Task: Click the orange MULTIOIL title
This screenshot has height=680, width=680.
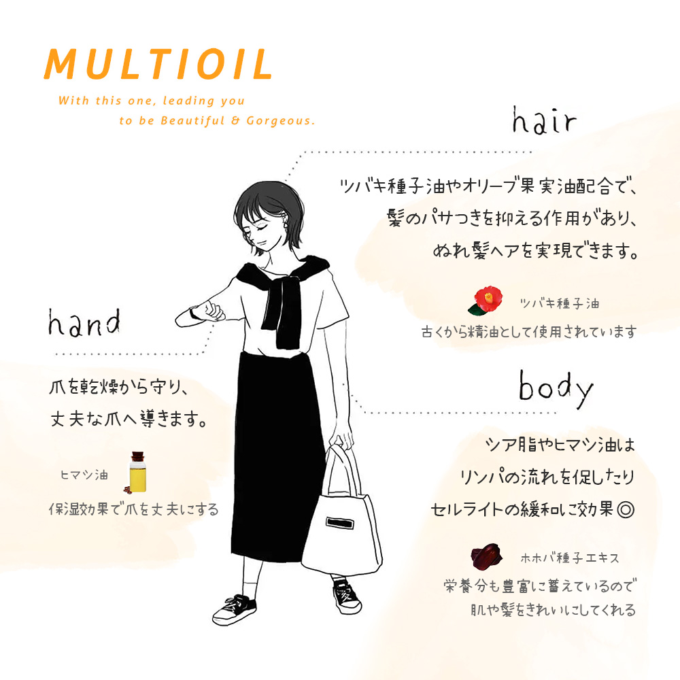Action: click(158, 64)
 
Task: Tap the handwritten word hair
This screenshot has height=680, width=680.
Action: click(544, 120)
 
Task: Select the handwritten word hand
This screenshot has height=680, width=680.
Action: click(84, 322)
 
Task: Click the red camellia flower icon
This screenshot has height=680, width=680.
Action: click(486, 300)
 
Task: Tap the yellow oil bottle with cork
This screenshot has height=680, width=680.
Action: click(137, 472)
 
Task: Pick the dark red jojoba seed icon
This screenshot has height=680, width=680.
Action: click(486, 556)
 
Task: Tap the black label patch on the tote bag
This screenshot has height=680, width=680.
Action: click(339, 523)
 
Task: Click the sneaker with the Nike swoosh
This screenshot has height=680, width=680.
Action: click(234, 609)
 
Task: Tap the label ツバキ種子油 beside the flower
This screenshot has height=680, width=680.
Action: click(560, 303)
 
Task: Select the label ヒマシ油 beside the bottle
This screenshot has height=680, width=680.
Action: click(84, 475)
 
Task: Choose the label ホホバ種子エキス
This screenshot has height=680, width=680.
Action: click(569, 558)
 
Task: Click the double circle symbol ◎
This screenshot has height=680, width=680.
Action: click(626, 509)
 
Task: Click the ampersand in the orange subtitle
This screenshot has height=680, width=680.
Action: click(235, 120)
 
